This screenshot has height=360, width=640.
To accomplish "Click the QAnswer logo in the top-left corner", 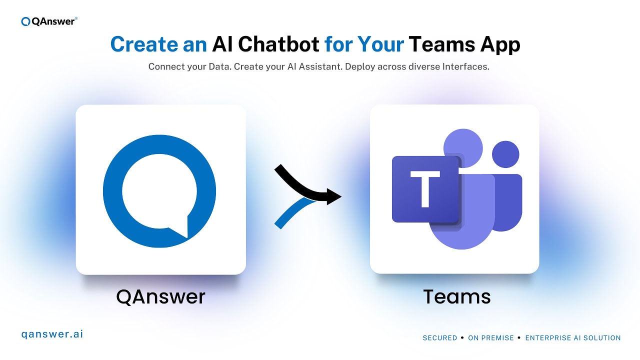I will (x=49, y=21).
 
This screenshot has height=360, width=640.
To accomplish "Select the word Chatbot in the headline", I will (x=278, y=44).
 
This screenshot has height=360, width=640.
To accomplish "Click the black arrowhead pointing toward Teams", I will (x=334, y=196).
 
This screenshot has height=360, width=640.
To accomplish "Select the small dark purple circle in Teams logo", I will (x=505, y=154).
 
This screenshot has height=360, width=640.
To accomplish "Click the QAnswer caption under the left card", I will (x=160, y=297).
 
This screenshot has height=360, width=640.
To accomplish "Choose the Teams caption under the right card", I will (x=457, y=297).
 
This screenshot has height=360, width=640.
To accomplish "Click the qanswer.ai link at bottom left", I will (x=52, y=334).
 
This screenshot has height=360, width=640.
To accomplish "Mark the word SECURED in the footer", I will (x=440, y=338).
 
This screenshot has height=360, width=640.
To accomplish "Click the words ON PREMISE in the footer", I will (x=491, y=338).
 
